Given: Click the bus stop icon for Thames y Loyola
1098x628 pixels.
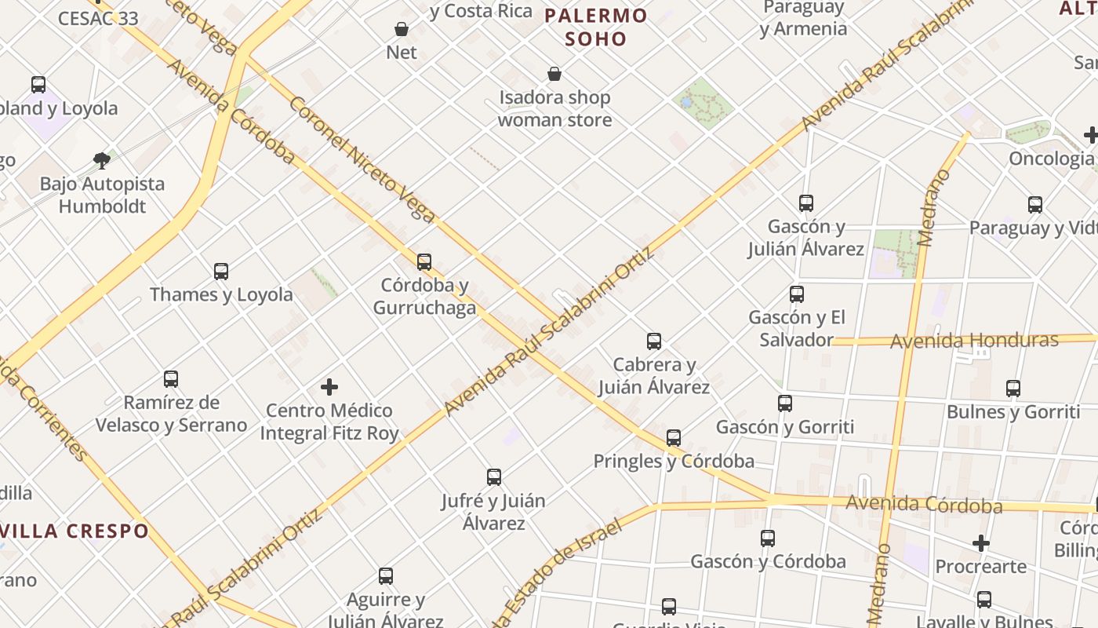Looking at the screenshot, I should point(221,272).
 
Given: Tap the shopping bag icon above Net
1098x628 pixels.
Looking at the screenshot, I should point(402,30).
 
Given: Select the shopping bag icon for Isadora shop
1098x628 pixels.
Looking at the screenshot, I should point(554,75).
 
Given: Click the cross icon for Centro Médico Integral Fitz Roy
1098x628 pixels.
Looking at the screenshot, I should point(329,387).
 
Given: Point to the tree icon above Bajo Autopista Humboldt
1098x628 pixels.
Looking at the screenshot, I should point(101,161).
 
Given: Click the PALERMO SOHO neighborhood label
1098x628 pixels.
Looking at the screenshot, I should point(596,27).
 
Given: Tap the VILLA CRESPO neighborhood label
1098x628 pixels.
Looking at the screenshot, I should point(75,531).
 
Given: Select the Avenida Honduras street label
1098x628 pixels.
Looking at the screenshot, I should point(974,341).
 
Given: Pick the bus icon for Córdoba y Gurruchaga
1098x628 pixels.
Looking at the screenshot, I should point(424,261).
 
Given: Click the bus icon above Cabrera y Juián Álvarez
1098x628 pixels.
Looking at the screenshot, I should point(654,341).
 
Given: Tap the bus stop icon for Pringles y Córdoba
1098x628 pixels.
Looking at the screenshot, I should point(674,438).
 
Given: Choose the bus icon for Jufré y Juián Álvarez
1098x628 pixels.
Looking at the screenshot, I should point(494,477).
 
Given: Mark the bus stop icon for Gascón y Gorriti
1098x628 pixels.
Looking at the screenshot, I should point(785,403).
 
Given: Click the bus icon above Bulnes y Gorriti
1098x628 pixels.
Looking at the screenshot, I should point(1013,389).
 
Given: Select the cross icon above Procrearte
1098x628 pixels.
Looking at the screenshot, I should point(980,543).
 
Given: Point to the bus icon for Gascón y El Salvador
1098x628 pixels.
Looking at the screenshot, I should point(797,294).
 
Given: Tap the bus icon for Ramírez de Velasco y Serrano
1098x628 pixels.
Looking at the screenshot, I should point(171,379).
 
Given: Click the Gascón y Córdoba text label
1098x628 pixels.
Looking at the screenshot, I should point(768,562).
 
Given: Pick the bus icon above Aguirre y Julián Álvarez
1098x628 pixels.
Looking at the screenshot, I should point(386,576).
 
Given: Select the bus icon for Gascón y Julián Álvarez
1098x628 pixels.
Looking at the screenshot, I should point(806,203).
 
